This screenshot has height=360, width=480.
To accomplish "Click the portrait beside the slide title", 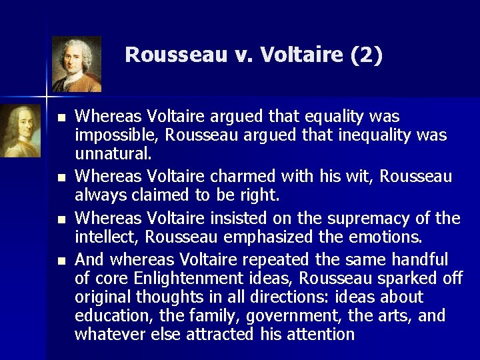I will click(x=77, y=64).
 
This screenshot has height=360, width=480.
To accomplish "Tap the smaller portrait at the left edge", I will click(x=20, y=131).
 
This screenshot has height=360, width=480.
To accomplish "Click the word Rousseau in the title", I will click(x=175, y=54).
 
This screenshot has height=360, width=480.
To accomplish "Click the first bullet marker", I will click(x=61, y=117).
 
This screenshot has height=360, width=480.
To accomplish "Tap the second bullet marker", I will click(x=61, y=178).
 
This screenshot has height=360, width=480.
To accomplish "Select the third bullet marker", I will click(x=61, y=219).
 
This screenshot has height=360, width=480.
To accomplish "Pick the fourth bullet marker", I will click(x=61, y=260).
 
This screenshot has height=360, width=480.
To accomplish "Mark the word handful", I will click(x=421, y=259).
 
